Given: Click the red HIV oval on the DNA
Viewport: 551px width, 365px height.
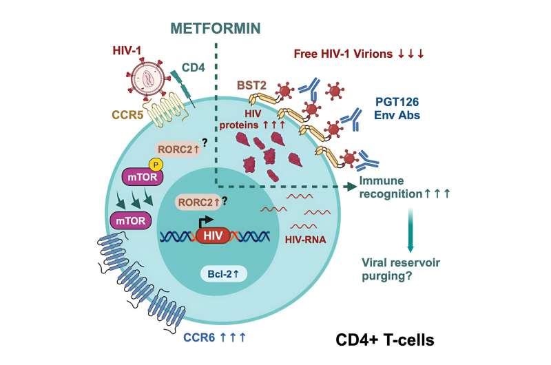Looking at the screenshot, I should (214, 236).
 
